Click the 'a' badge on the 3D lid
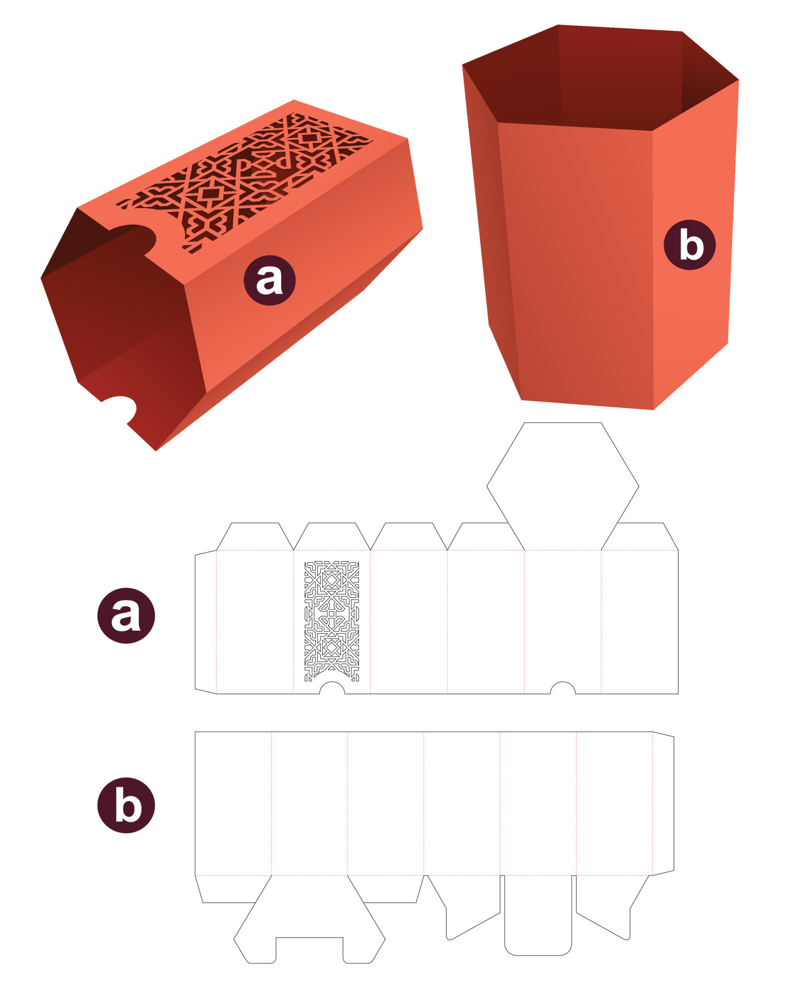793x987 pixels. tap(269, 280)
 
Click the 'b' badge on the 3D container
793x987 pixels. tap(689, 245)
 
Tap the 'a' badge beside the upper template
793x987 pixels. tap(126, 615)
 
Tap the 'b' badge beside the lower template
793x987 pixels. tap(126, 805)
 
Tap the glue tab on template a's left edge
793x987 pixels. tap(206, 622)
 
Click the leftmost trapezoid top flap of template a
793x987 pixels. tap(255, 537)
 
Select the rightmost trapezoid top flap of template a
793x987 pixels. tap(640, 537)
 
